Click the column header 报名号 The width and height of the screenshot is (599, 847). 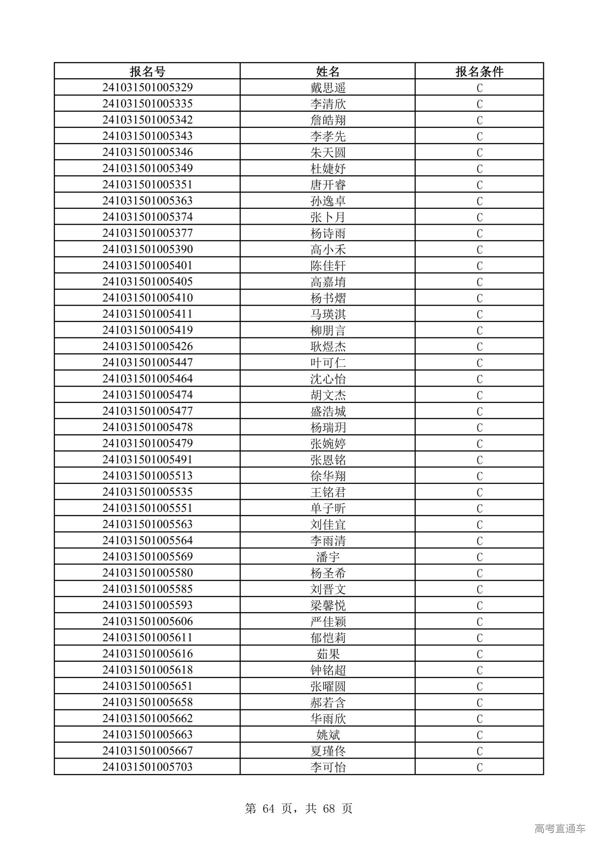[x=147, y=72]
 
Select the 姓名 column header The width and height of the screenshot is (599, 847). [x=328, y=72]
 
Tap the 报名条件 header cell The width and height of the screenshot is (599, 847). [x=479, y=72]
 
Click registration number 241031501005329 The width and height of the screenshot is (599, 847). [x=147, y=88]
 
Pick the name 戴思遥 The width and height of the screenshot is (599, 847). [x=328, y=88]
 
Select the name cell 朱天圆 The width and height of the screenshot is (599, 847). [x=328, y=153]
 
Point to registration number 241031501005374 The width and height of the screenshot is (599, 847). [x=147, y=217]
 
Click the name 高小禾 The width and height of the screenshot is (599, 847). [x=328, y=249]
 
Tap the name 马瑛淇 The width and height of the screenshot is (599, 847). [x=328, y=314]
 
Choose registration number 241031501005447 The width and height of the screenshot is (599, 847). [x=147, y=363]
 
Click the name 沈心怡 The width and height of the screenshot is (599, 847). [x=328, y=379]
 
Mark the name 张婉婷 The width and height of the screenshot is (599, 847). [x=328, y=444]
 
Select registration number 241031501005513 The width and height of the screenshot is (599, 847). [x=147, y=476]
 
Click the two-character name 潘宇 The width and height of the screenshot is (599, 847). [x=328, y=557]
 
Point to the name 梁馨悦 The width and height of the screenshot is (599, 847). [x=328, y=606]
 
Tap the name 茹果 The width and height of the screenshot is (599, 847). [x=328, y=654]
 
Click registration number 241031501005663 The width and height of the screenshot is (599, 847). [x=147, y=735]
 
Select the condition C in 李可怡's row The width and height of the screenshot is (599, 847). [x=479, y=767]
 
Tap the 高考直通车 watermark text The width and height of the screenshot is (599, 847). [x=560, y=828]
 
